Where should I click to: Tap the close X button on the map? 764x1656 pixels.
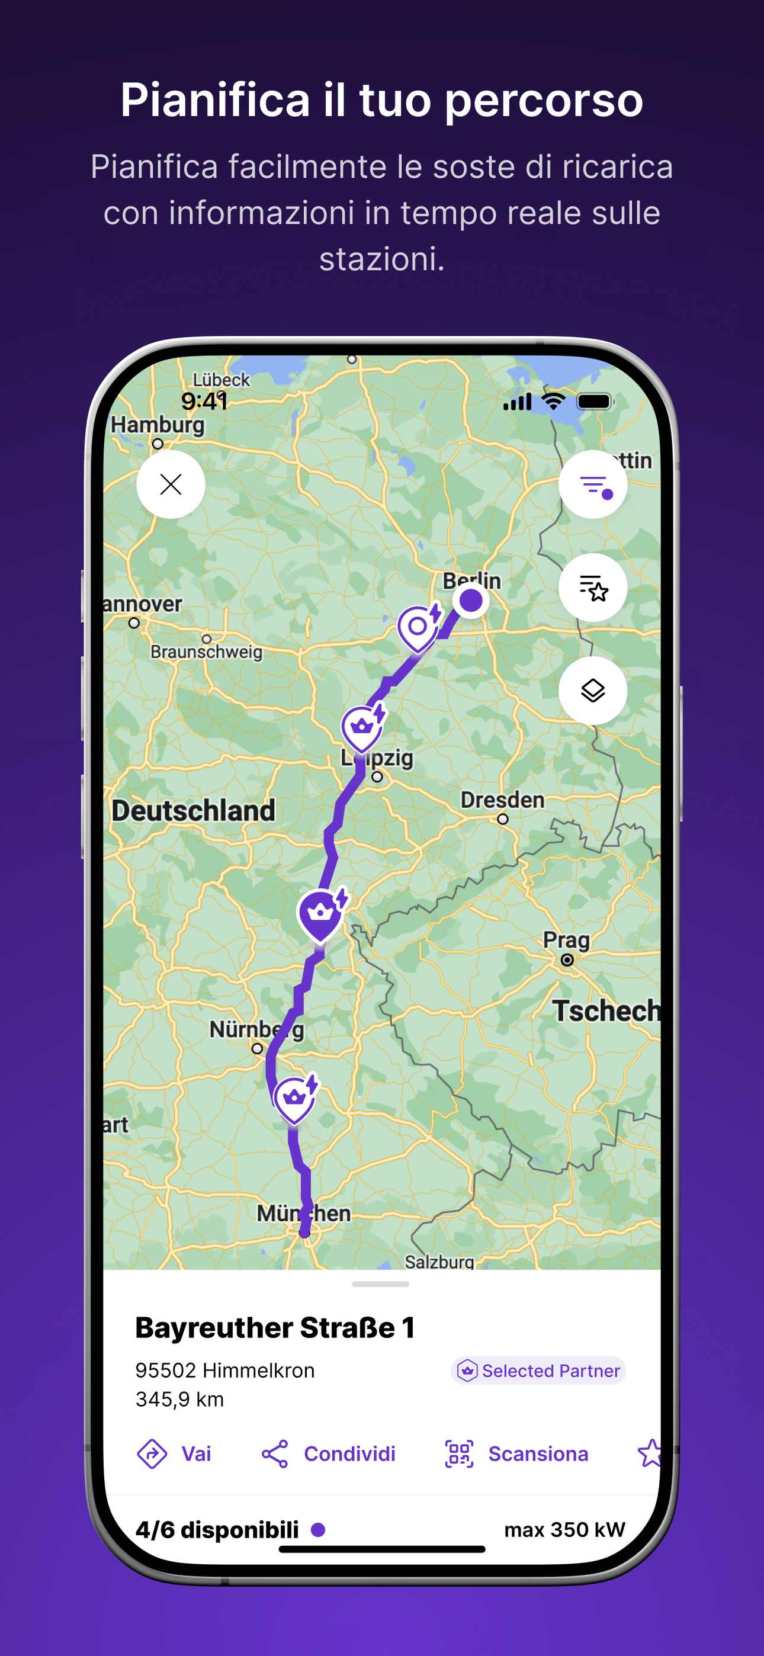(x=171, y=484)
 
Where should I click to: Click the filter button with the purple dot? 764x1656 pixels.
(x=592, y=484)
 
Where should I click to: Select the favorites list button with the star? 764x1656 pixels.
(x=592, y=587)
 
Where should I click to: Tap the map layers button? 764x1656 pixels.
(x=592, y=691)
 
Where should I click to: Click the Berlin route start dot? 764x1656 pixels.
(x=471, y=601)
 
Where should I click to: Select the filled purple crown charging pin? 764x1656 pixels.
(x=320, y=913)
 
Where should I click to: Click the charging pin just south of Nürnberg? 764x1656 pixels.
(x=294, y=1097)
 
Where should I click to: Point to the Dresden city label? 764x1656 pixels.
(x=502, y=800)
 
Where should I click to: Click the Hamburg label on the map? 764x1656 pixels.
(x=158, y=425)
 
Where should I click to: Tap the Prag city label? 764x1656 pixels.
(x=566, y=940)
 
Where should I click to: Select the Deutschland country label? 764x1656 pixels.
(x=193, y=810)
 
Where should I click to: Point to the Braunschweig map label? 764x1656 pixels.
(x=207, y=652)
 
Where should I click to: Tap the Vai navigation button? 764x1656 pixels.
(x=174, y=1453)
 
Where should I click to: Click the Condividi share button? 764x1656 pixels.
(x=329, y=1453)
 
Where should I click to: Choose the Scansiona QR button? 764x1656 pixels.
(x=516, y=1453)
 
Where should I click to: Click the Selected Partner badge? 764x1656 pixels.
(x=538, y=1371)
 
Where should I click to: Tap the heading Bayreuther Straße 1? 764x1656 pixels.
(x=275, y=1328)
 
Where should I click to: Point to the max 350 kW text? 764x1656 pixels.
(x=564, y=1529)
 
